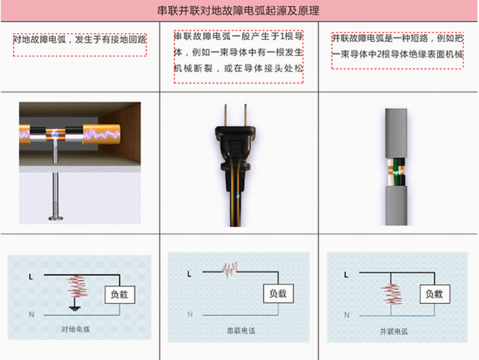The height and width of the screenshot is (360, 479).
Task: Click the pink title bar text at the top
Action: (x=238, y=11)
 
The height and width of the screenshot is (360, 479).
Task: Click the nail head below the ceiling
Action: (x=56, y=218)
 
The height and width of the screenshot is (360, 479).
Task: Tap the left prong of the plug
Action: (x=226, y=115)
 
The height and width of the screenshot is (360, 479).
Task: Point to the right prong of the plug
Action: (x=245, y=115)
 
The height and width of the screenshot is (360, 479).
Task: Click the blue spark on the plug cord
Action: (x=238, y=195)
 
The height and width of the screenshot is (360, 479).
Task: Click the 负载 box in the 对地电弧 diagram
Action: (x=120, y=295)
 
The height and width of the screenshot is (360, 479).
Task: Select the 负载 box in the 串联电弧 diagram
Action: (x=278, y=294)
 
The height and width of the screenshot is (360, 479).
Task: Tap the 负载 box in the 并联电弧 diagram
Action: (x=435, y=294)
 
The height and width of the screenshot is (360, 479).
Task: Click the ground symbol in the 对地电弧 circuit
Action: (x=74, y=308)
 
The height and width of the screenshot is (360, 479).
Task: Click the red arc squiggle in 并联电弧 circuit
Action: (x=391, y=294)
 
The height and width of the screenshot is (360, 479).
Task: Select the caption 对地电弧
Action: (x=76, y=329)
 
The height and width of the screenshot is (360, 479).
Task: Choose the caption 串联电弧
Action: (x=241, y=331)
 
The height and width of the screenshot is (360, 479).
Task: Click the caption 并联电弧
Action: (x=394, y=332)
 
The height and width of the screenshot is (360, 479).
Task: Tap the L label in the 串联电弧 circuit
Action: (x=189, y=274)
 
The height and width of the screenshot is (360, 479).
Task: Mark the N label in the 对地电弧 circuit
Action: (x=32, y=314)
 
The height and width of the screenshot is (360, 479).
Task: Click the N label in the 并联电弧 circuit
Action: (x=347, y=315)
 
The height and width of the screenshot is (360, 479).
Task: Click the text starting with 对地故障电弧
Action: (x=80, y=39)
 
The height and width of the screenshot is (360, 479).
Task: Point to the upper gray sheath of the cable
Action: (x=396, y=133)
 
